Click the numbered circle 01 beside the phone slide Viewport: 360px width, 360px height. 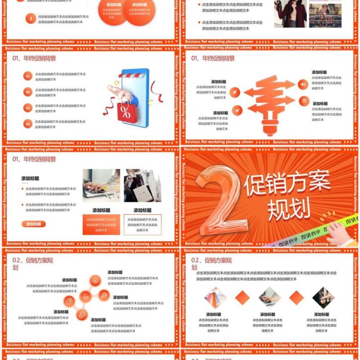28,76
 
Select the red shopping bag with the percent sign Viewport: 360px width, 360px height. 125,111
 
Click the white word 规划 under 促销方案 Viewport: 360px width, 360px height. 289,208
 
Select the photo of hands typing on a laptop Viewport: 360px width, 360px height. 101,185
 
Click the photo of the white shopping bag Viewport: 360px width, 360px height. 142,185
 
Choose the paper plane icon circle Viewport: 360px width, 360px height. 237,110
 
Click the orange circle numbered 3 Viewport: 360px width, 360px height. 31,19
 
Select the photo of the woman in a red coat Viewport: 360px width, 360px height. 290,13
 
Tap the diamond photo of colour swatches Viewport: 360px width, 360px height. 215,297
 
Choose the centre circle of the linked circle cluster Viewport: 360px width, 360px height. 85,297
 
